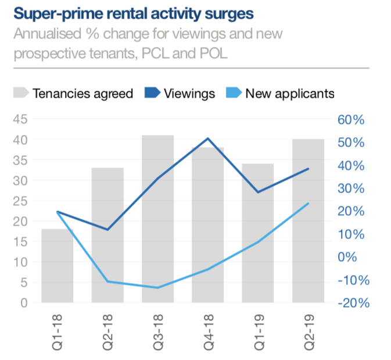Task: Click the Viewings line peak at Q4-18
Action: coord(208,138)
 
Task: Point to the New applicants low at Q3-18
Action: coord(158,287)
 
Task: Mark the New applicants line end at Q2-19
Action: coord(308,204)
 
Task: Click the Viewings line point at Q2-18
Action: coord(107,230)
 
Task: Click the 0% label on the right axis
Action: coord(355,257)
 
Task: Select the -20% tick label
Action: coord(351,303)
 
